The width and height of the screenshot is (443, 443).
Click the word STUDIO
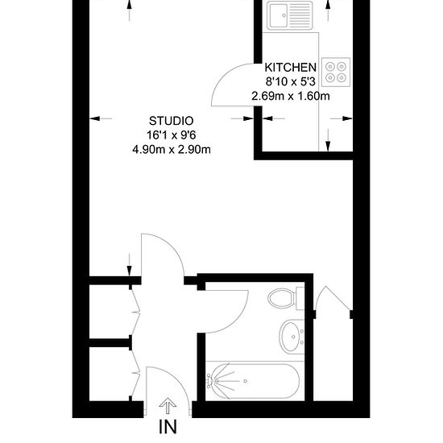(x=172, y=121)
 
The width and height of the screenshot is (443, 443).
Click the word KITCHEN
(x=291, y=68)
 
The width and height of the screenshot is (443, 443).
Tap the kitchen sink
(x=290, y=15)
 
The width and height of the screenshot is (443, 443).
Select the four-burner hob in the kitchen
(x=336, y=72)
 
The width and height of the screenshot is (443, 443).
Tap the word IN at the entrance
(x=168, y=427)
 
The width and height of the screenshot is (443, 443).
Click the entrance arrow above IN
(x=168, y=406)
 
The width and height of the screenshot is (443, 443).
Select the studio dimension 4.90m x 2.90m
(x=172, y=150)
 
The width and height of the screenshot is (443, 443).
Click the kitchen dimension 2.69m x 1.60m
(x=291, y=97)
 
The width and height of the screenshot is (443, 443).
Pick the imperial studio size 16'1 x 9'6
(x=172, y=135)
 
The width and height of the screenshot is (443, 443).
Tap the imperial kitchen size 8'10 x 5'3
(x=291, y=82)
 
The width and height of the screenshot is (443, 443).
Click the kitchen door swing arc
(x=223, y=74)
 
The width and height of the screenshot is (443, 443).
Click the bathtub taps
(x=210, y=380)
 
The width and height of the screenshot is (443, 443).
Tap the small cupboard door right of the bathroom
(x=333, y=299)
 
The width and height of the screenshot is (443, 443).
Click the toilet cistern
(x=300, y=298)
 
